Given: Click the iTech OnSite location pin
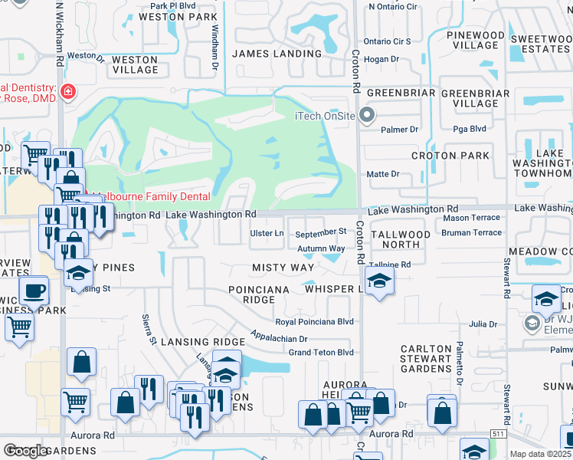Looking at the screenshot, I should pyautogui.click(x=367, y=117).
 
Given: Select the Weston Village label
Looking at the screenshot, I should pyautogui.click(x=135, y=64).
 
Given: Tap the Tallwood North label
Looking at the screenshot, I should pyautogui.click(x=401, y=239).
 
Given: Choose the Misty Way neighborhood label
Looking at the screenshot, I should pyautogui.click(x=283, y=268).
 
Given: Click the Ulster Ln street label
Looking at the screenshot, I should pyautogui.click(x=268, y=233).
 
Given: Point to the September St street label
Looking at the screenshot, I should pyautogui.click(x=321, y=232).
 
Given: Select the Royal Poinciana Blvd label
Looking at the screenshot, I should pyautogui.click(x=314, y=322).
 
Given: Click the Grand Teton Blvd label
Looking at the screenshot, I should pyautogui.click(x=321, y=353).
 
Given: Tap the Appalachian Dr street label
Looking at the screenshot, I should pyautogui.click(x=279, y=338).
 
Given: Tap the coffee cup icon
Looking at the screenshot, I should pyautogui.click(x=33, y=291).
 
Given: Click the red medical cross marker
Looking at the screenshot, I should pyautogui.click(x=68, y=92).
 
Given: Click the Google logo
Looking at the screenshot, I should pyautogui.click(x=26, y=451).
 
